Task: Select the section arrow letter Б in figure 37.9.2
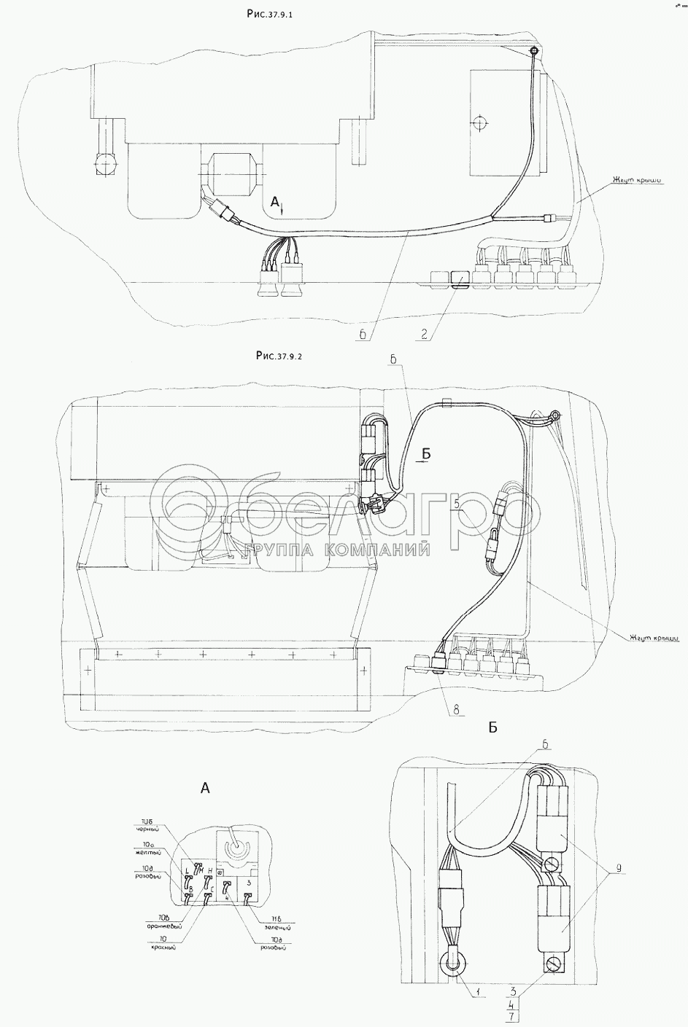(x=428, y=454)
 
